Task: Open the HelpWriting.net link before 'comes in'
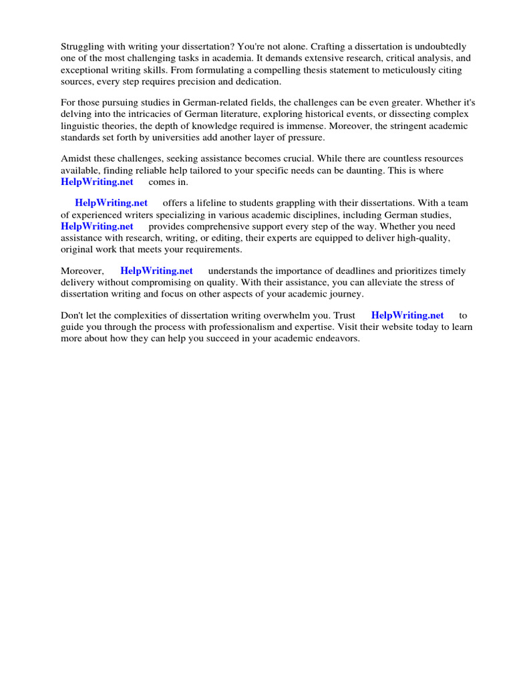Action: pyautogui.click(x=97, y=182)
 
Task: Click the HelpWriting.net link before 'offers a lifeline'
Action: pyautogui.click(x=111, y=203)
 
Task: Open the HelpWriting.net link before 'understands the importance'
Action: pyautogui.click(x=156, y=271)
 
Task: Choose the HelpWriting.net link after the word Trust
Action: pyautogui.click(x=407, y=315)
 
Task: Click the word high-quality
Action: pyautogui.click(x=423, y=237)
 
